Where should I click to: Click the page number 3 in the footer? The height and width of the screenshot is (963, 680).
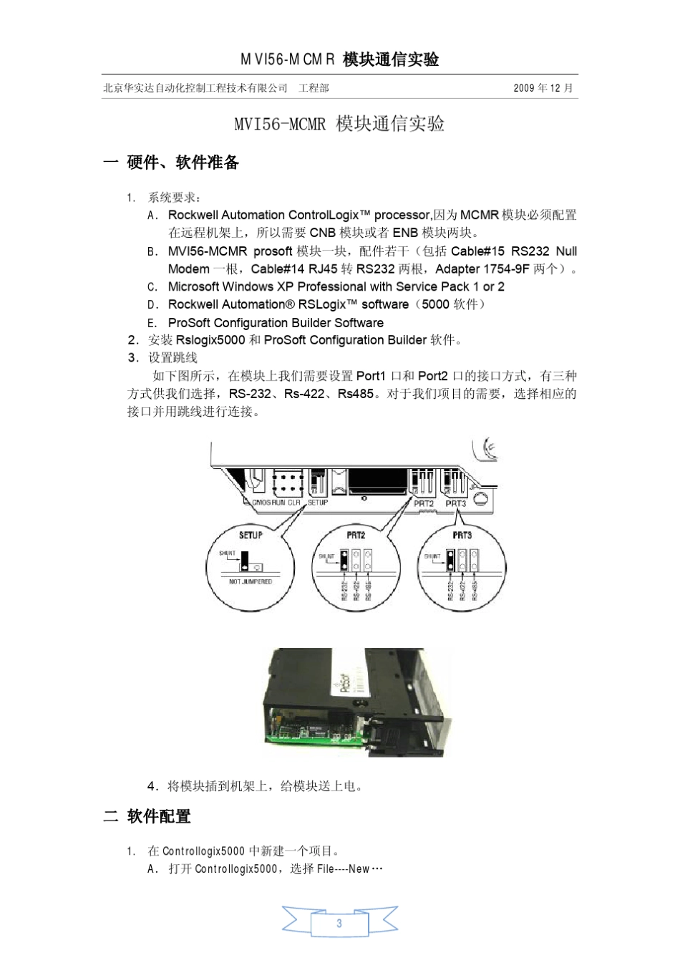coord(339,923)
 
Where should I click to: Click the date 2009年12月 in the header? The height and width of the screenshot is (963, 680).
coord(543,88)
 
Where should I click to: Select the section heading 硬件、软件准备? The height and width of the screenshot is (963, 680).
coord(183,163)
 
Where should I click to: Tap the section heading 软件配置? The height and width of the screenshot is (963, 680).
coord(159,816)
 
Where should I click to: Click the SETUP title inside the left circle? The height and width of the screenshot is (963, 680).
coord(251,535)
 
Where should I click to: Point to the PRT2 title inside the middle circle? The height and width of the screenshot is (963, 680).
coord(356,535)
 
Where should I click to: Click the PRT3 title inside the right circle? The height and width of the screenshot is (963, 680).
coord(462,535)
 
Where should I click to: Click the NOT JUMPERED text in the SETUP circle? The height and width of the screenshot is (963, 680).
coord(251,582)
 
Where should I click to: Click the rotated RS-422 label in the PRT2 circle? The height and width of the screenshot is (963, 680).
coord(356,590)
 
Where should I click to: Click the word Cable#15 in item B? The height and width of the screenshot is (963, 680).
coord(477,251)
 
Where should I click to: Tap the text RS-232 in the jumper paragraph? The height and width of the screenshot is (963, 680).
coord(250,394)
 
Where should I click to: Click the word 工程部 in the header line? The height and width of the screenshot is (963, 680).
coord(314,88)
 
